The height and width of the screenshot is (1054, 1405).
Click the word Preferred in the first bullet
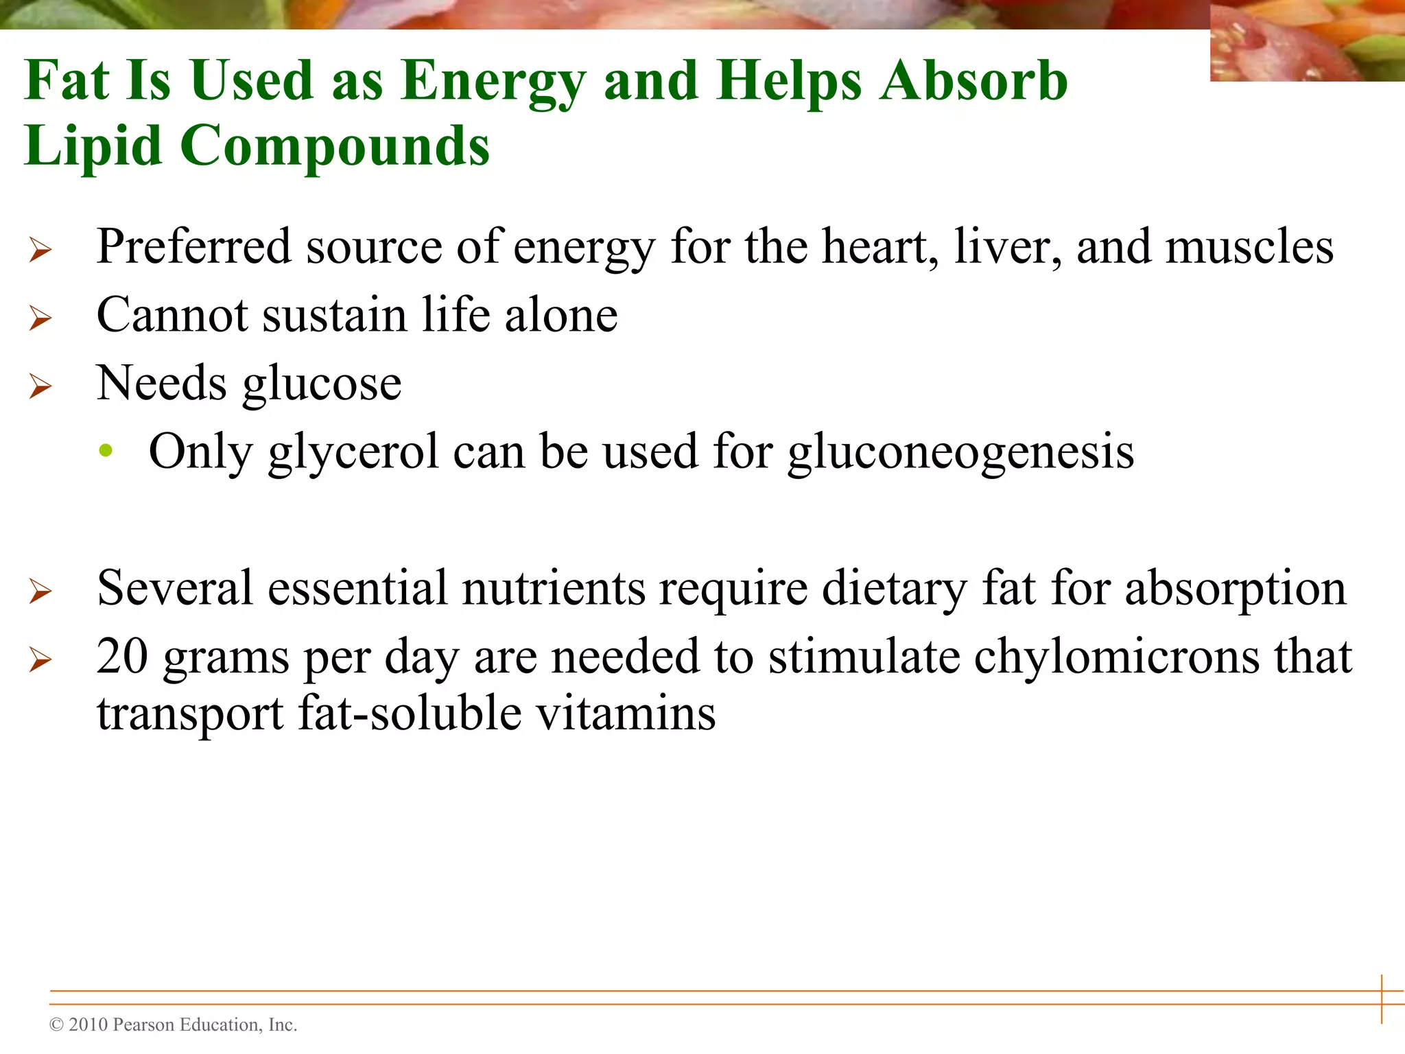pyautogui.click(x=193, y=246)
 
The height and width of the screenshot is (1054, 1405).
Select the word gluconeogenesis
pyautogui.click(x=960, y=453)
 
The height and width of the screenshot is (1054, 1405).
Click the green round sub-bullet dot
pyautogui.click(x=106, y=451)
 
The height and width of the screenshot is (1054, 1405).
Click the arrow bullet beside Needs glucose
pyautogui.click(x=40, y=386)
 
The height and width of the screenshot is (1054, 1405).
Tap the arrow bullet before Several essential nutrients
pyautogui.click(x=40, y=591)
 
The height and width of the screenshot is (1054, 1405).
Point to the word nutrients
pyautogui.click(x=554, y=589)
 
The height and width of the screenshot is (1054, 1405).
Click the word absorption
pyautogui.click(x=1236, y=589)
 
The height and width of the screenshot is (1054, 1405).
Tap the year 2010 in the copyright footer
pyautogui.click(x=88, y=1024)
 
